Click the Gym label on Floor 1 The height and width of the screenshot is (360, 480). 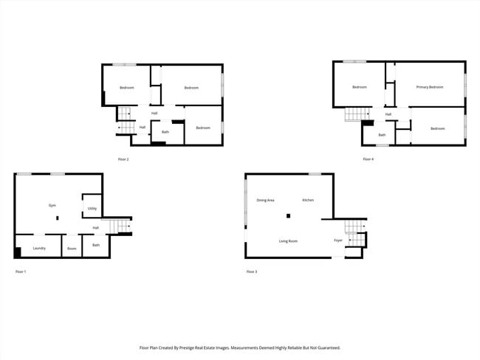(52, 205)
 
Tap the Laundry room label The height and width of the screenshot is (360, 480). (39, 248)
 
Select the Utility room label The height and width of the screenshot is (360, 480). (92, 209)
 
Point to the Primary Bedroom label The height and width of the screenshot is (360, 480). (429, 87)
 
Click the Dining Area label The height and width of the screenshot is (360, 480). (266, 200)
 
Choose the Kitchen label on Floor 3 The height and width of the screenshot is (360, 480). (308, 200)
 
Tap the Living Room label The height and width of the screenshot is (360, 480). (288, 241)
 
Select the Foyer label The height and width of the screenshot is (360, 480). (338, 240)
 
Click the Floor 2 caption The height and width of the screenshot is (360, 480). (123, 159)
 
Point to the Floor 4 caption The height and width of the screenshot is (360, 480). (368, 159)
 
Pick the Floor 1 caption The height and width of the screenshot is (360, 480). (21, 272)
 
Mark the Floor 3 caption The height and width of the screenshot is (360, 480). (252, 272)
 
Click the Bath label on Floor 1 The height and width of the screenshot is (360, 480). (96, 245)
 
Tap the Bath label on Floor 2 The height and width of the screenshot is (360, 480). (165, 132)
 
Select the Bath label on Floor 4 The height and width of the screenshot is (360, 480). (382, 135)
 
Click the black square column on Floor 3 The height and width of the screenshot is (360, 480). (289, 216)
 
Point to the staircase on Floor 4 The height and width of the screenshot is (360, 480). (359, 114)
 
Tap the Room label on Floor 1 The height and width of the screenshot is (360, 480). (72, 249)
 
